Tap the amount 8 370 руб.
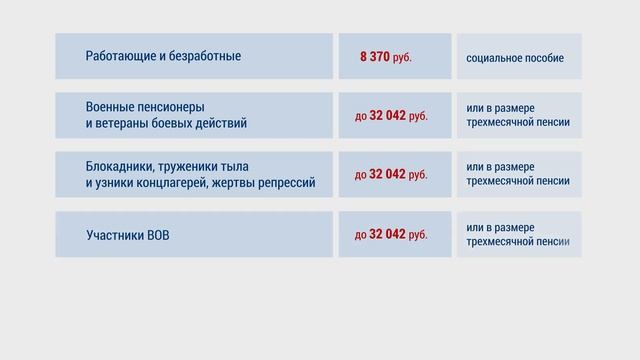click(385, 57)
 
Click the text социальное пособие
click(515, 58)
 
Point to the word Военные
click(111, 107)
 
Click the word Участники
click(117, 236)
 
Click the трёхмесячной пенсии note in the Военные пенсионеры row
click(518, 123)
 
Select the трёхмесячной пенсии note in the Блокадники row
click(518, 181)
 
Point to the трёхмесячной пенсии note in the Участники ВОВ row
click(518, 241)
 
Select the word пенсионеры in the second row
click(173, 107)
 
